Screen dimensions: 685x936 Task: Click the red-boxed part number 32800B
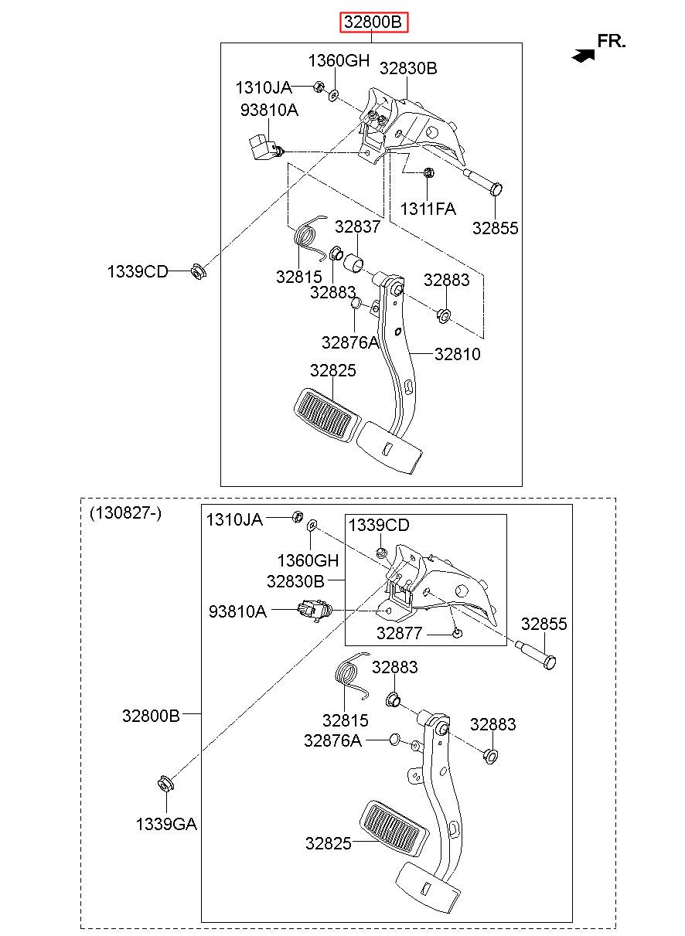(373, 22)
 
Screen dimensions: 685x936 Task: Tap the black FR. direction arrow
(583, 56)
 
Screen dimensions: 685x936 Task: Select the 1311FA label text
(428, 209)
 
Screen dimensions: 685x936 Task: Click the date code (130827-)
(125, 513)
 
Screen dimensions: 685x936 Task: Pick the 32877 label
(399, 634)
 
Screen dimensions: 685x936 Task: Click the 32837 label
(357, 226)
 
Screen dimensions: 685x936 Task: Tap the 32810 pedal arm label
(457, 354)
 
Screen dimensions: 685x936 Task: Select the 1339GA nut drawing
(166, 784)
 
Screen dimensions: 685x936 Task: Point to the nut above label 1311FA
(428, 172)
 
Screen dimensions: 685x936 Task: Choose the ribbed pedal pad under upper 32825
(326, 414)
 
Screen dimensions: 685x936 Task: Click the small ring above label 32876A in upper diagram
(356, 302)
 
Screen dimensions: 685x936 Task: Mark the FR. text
(612, 41)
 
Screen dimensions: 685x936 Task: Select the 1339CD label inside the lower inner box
(379, 526)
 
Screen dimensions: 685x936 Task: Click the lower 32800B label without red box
(151, 716)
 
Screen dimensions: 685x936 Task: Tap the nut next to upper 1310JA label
(319, 87)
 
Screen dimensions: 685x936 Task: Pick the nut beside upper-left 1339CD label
(198, 271)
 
